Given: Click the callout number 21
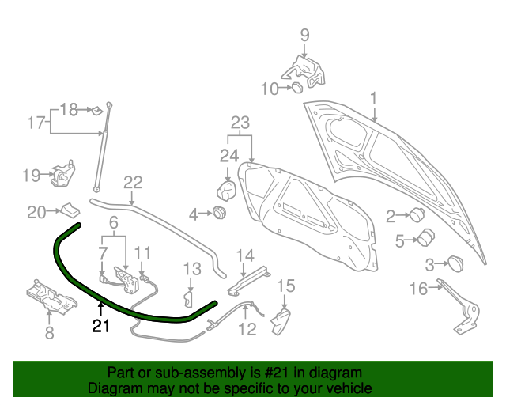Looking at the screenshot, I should click(101, 325).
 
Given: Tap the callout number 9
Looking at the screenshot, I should click(304, 35).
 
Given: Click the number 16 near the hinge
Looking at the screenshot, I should click(418, 290).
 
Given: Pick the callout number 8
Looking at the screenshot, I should click(50, 334).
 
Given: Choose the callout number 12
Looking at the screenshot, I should click(247, 327).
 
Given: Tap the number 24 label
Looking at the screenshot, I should click(228, 155).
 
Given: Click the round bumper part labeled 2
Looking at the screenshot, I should click(415, 214).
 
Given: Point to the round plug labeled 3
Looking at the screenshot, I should click(455, 263).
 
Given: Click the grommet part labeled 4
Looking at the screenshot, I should click(217, 213).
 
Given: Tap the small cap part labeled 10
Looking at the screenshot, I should click(296, 88).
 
